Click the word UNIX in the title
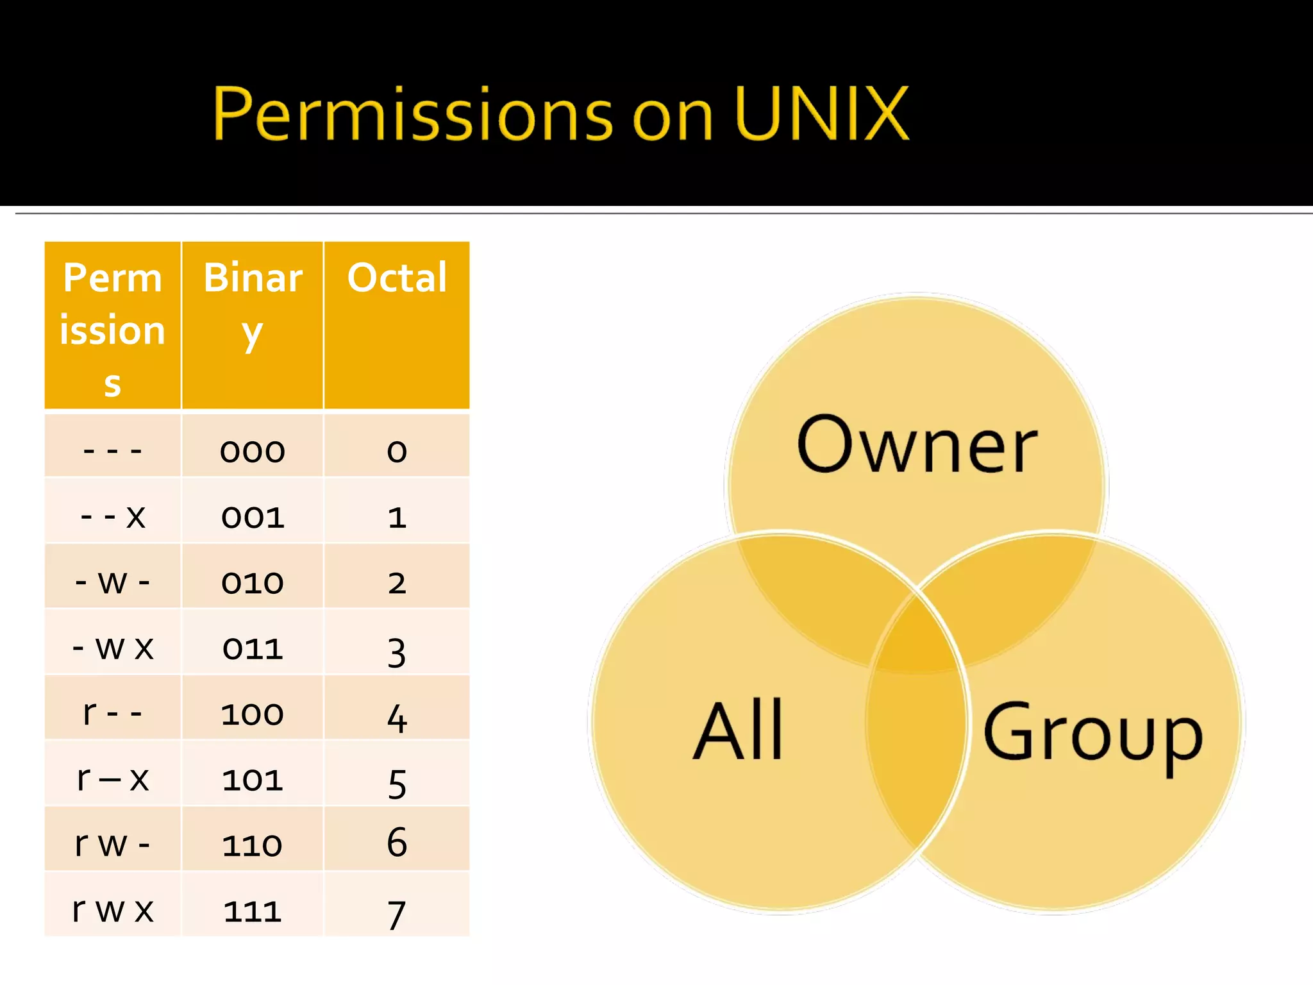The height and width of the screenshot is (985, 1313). click(822, 114)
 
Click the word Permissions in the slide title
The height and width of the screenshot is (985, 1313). click(413, 114)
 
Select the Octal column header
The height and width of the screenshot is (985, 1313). click(397, 278)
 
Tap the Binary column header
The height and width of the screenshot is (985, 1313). click(253, 304)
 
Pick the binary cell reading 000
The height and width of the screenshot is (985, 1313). click(253, 451)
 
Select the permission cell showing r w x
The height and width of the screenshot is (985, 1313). click(113, 909)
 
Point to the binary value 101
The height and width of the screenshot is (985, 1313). click(253, 780)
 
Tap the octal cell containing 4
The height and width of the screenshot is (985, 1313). click(397, 717)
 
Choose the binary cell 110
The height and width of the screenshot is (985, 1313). click(253, 845)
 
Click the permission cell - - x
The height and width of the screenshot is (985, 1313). click(113, 516)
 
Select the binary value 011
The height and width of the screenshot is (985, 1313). click(253, 648)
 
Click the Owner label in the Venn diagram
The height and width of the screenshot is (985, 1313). click(917, 444)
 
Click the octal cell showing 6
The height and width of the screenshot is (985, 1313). click(397, 842)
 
